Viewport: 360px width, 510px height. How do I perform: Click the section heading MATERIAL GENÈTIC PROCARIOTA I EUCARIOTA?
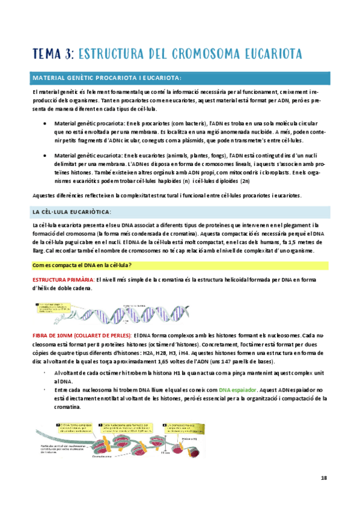[107, 78]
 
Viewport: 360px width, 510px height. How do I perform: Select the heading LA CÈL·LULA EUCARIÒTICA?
[74, 212]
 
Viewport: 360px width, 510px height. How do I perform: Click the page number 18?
[323, 478]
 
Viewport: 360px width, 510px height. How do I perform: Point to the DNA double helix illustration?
[150, 310]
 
